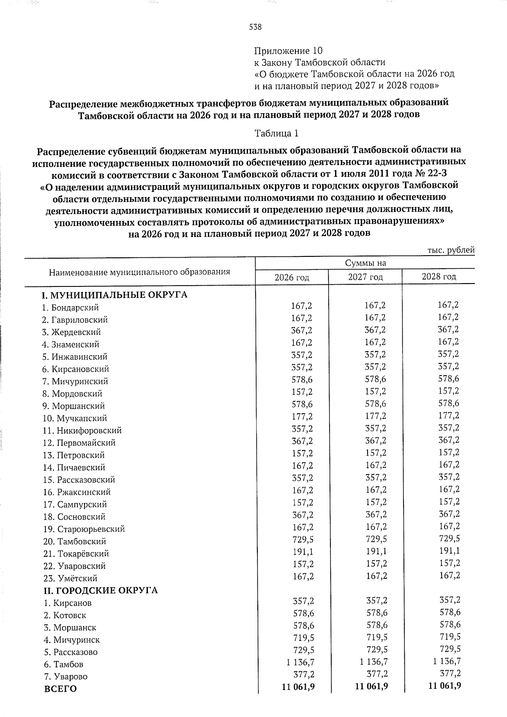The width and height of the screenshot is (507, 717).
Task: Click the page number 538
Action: pyautogui.click(x=255, y=27)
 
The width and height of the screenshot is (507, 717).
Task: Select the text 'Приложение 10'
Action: pyautogui.click(x=288, y=51)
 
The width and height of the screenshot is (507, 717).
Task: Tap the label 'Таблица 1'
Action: pyautogui.click(x=276, y=134)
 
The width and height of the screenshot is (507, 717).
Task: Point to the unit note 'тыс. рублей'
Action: pyautogui.click(x=451, y=250)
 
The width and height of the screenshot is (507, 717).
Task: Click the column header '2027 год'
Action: pyautogui.click(x=365, y=277)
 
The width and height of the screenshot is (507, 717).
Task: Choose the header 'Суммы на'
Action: pyautogui.click(x=365, y=263)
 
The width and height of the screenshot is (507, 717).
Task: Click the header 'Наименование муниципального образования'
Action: pyautogui.click(x=139, y=272)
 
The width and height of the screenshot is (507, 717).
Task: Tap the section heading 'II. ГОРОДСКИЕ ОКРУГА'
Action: pyautogui.click(x=101, y=590)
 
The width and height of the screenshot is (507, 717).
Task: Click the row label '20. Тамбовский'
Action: pyautogui.click(x=74, y=541)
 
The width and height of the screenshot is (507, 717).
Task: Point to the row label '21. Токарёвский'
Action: pyautogui.click(x=76, y=553)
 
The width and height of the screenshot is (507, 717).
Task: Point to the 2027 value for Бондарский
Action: pyautogui.click(x=375, y=305)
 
